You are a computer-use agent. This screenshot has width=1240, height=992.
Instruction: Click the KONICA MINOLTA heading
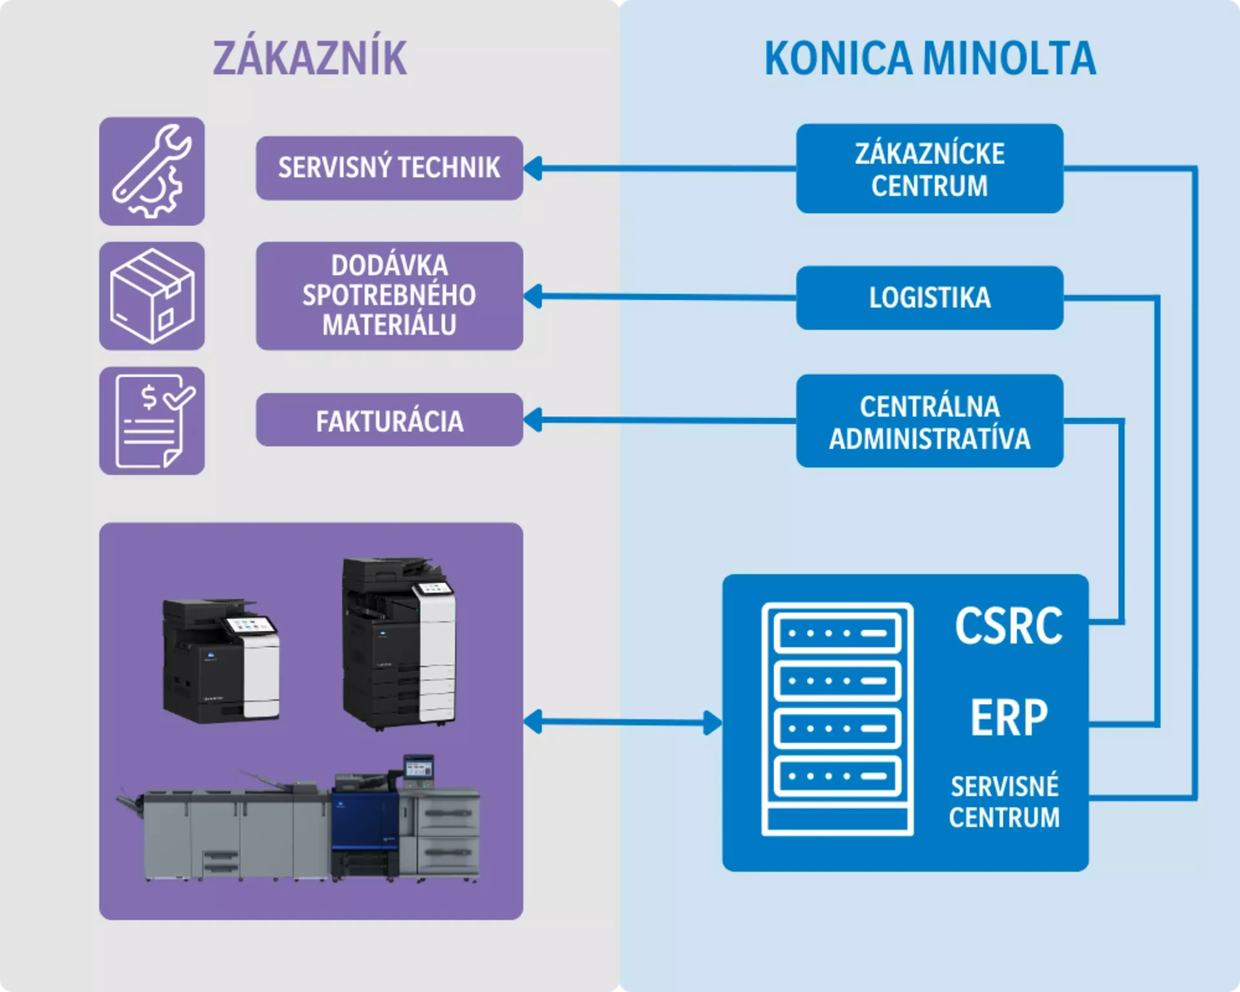click(930, 58)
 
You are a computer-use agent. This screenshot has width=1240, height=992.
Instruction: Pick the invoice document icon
click(152, 421)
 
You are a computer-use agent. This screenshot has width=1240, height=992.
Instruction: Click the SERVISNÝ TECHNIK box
click(389, 168)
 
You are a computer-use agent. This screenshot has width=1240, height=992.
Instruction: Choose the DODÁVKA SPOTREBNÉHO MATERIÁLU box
click(389, 295)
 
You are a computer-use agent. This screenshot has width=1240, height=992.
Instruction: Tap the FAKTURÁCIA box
click(389, 420)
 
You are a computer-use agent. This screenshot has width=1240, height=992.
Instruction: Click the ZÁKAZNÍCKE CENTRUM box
click(929, 169)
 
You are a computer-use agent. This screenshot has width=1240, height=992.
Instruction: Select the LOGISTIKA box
click(929, 297)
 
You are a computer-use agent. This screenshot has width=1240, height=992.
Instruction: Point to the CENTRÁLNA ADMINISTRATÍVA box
click(929, 421)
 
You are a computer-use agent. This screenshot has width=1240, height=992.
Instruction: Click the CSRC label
click(1008, 626)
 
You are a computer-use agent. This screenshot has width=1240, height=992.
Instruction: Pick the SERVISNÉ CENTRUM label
click(1004, 802)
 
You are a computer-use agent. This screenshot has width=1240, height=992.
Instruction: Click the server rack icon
click(837, 719)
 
